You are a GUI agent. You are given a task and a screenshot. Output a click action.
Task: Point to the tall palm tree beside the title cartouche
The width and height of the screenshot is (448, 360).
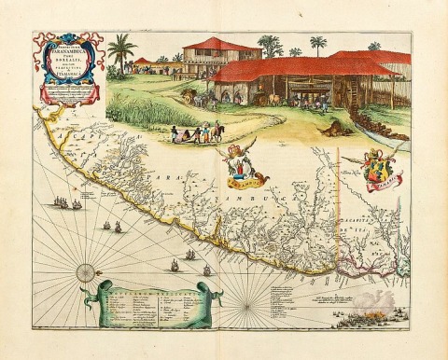click(x=121, y=52)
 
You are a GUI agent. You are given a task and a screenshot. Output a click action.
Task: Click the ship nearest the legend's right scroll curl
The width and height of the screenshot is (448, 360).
click(x=206, y=270)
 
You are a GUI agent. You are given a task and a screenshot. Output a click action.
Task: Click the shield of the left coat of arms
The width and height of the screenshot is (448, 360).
click(x=245, y=166)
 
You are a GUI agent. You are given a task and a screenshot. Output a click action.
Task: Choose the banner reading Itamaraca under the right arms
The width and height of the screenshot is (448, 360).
click(x=378, y=186)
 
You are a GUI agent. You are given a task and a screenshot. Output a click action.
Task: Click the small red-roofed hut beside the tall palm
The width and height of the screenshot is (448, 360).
click(x=142, y=64)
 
